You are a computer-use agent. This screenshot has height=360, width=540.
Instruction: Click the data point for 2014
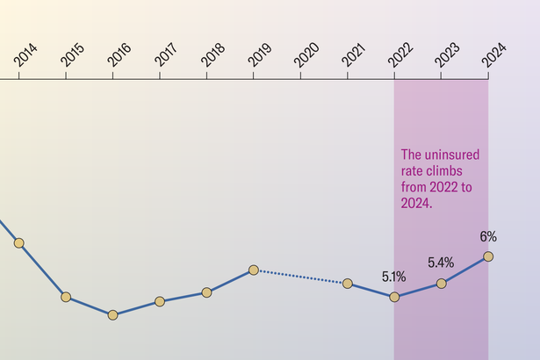(19, 242)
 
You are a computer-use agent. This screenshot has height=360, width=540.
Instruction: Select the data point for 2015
(66, 297)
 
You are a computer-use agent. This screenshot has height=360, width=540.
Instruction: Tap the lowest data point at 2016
(112, 314)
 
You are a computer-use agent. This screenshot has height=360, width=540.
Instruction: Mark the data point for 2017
(160, 301)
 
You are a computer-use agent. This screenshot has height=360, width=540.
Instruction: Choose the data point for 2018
(206, 292)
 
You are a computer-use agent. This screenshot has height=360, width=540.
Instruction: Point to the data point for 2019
(253, 270)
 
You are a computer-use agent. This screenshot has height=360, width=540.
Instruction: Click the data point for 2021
(348, 283)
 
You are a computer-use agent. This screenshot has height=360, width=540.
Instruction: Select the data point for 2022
(394, 297)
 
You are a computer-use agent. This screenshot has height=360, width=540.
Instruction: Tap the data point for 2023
(441, 283)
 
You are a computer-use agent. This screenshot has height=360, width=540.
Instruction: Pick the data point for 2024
(488, 256)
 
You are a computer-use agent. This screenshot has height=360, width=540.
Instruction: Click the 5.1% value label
(393, 277)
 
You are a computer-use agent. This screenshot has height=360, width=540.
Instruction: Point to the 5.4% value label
(441, 263)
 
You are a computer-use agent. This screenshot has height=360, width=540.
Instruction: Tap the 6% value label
(488, 236)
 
